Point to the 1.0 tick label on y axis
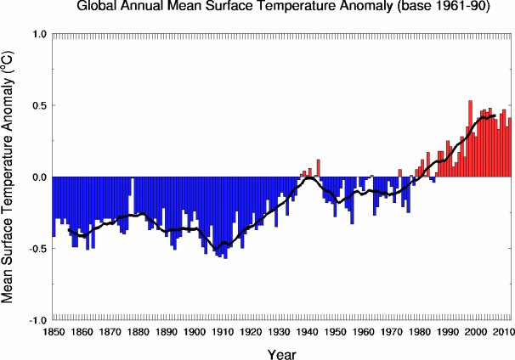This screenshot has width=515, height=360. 39,35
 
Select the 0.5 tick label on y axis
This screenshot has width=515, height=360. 39,106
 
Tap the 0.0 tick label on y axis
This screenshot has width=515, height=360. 39,177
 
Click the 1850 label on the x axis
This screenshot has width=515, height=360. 53,331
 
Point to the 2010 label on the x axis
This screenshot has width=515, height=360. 501,331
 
